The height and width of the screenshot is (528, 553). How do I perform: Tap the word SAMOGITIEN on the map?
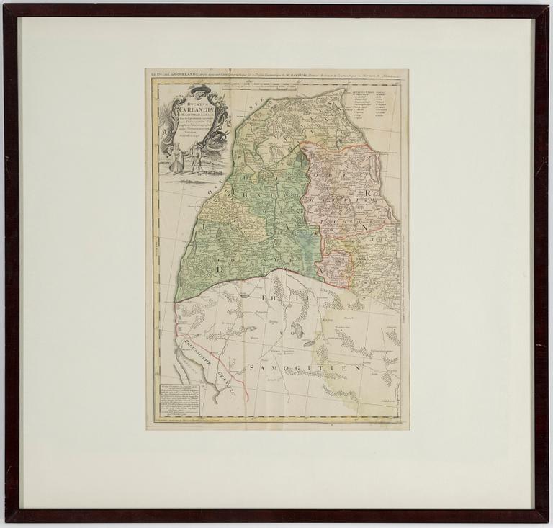[302, 368]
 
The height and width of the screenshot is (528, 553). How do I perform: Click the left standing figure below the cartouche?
[175, 159]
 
